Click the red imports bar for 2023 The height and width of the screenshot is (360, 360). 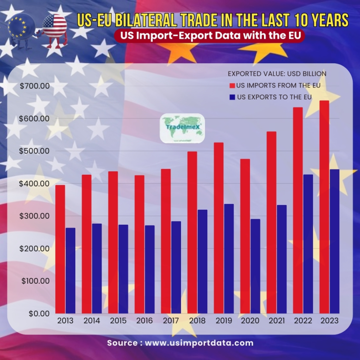coord(324,206)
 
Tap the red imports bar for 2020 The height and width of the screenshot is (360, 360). coord(245,236)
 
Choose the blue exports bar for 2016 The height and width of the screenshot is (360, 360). coord(150,269)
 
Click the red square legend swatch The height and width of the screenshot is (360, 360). coord(232,85)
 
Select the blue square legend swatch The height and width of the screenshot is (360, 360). coord(232,97)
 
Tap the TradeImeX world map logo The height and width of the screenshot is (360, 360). coord(182,128)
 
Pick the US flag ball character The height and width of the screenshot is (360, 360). coord(54,28)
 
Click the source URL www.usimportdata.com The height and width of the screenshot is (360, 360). coord(199,343)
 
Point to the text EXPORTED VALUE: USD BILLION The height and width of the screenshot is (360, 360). coord(277,74)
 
